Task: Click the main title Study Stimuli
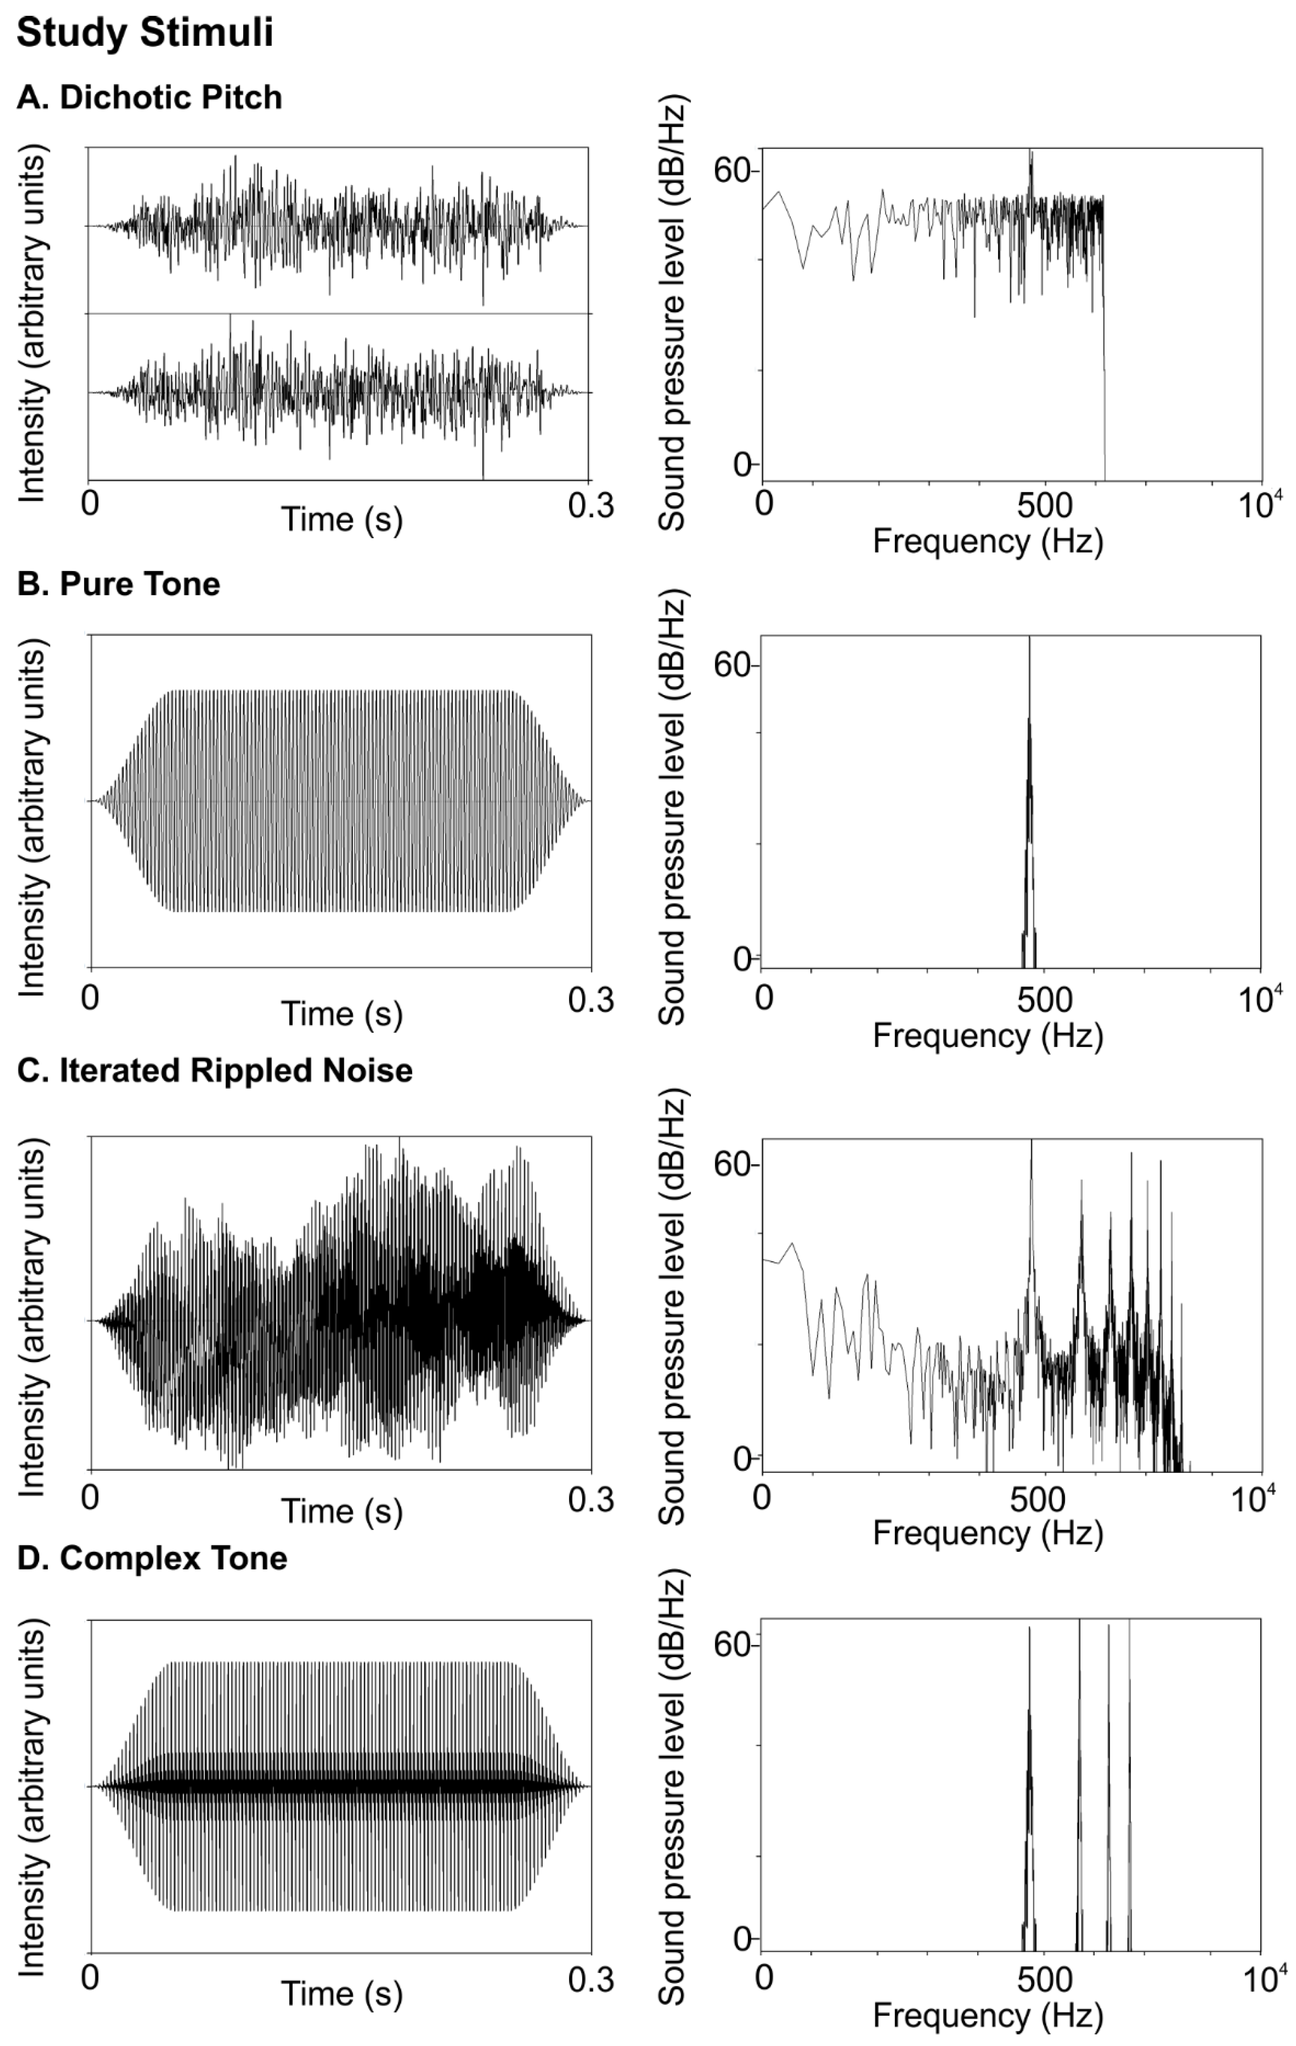[x=145, y=34]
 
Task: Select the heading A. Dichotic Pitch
[x=150, y=98]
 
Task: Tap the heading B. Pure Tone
[x=119, y=585]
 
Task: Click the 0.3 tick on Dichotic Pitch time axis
[x=590, y=505]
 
